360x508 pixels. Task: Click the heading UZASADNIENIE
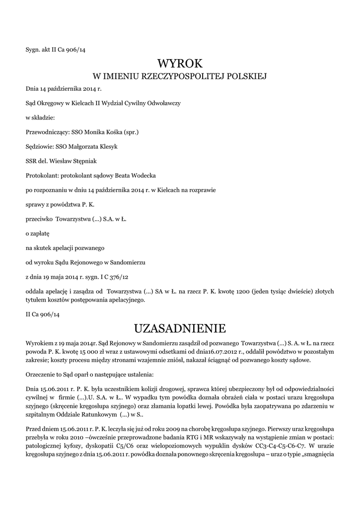(180, 328)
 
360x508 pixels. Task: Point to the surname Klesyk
(105, 146)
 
